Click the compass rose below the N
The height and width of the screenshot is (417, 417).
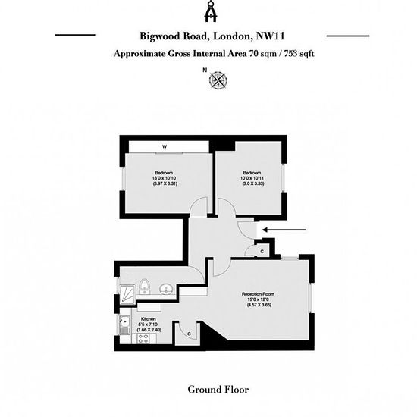[x=218, y=80]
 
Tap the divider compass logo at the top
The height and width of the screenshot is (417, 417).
[x=211, y=11]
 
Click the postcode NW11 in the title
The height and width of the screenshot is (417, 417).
[x=270, y=36]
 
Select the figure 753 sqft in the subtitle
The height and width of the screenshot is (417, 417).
[x=299, y=54]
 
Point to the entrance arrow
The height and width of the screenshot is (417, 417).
[x=284, y=230]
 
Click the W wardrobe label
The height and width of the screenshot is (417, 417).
[x=165, y=146]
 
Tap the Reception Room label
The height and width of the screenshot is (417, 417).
[x=258, y=294]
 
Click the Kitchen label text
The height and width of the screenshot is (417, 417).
[x=149, y=319]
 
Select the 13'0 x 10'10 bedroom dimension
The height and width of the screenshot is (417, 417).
[x=164, y=178]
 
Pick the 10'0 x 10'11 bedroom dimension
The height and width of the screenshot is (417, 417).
[x=252, y=178]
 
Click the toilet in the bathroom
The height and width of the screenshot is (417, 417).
[x=144, y=287]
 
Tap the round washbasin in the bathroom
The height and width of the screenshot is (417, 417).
[x=167, y=289]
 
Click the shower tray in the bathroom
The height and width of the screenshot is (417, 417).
[x=128, y=294]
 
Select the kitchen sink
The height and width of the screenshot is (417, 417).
[x=124, y=325]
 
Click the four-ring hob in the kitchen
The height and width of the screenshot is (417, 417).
[x=143, y=339]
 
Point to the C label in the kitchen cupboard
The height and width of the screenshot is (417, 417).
[x=189, y=334]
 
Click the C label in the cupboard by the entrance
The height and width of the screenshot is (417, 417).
[x=262, y=251]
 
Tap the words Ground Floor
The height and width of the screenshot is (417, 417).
[x=218, y=390]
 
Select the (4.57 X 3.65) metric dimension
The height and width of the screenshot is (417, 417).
[x=259, y=305]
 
